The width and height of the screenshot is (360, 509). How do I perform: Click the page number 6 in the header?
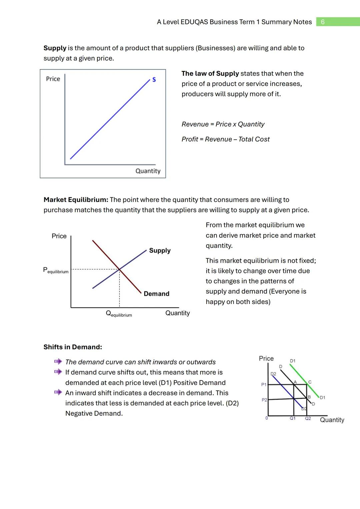point(322,22)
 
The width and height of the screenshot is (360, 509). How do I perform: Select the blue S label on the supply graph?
point(154,80)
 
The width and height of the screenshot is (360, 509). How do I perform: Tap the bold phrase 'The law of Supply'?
point(210,74)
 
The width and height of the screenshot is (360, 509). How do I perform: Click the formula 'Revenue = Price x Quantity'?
point(223,124)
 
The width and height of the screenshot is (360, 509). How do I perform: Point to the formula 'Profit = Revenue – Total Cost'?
point(225,139)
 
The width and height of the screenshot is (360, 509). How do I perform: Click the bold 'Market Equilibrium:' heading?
point(76,200)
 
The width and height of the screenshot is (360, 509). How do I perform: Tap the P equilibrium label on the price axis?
point(56,270)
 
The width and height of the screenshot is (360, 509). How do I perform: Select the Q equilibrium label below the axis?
point(119,314)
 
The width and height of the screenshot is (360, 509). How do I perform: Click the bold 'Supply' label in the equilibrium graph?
point(160,250)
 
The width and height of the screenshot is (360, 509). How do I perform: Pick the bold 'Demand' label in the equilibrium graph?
point(156,294)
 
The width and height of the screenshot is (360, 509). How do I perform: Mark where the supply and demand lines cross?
point(119,269)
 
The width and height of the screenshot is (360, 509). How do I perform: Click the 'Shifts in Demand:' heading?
point(73,347)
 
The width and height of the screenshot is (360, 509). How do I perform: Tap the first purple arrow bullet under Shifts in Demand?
point(58,362)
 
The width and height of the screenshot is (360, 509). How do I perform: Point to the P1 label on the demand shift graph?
point(264,385)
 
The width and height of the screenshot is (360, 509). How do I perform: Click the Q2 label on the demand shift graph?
point(308,418)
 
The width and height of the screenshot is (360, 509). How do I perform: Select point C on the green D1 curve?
point(310,382)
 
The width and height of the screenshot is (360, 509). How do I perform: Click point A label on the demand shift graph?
point(295,382)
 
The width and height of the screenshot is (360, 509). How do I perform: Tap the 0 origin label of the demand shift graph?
point(266,418)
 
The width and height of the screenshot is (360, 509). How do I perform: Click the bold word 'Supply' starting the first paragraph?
point(55,48)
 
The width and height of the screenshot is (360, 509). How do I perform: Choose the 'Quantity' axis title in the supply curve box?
point(148,171)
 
